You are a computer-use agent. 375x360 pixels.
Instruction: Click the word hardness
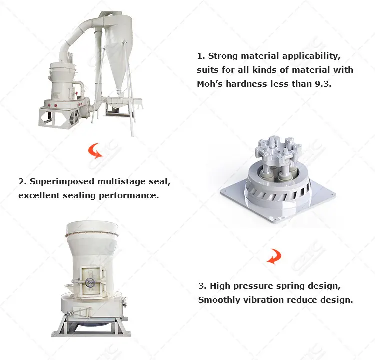click(247, 84)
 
